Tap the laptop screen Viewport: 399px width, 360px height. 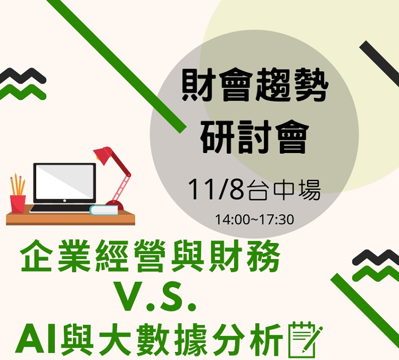point(64,182)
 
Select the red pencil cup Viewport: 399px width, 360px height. point(18,204)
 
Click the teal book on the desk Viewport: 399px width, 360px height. point(104,210)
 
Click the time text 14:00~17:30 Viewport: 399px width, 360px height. point(254,220)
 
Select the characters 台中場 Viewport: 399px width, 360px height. point(283,190)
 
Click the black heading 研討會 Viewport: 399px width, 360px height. point(254,137)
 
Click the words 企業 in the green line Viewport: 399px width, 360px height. point(55,255)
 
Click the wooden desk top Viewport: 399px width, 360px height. point(70,217)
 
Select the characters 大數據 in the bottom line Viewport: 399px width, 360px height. point(155,340)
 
